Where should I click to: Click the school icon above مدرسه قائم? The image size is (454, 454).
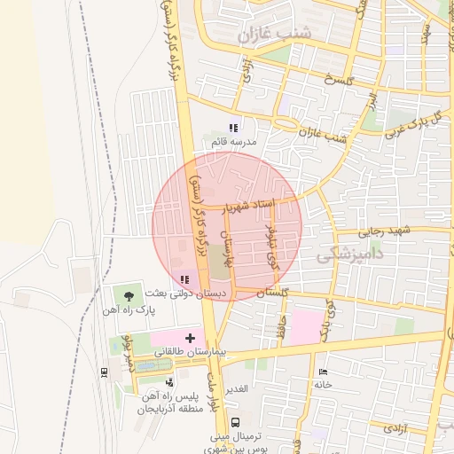(x=234, y=128)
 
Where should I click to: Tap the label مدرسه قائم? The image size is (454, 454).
(x=234, y=142)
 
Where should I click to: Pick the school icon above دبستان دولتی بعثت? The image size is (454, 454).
(x=184, y=278)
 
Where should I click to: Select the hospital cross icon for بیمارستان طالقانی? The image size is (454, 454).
(x=190, y=338)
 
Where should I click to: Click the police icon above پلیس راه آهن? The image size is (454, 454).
(x=169, y=381)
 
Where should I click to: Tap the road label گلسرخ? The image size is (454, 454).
(x=340, y=81)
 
